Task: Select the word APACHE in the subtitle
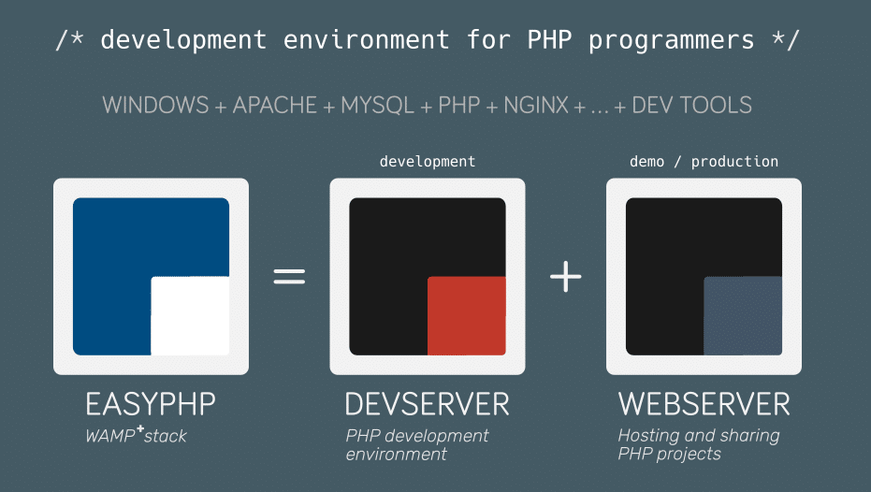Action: pos(276,105)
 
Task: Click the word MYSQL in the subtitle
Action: pos(377,105)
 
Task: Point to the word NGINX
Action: pos(536,105)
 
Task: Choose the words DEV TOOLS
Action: pos(692,105)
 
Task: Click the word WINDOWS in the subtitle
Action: pos(155,105)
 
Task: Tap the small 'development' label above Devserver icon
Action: pos(428,162)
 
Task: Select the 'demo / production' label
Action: pos(704,162)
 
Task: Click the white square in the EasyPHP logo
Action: pos(190,315)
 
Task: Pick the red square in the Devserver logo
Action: pos(466,315)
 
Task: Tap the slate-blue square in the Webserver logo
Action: pos(742,315)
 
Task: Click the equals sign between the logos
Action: pos(289,277)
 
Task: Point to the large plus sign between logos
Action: pos(565,277)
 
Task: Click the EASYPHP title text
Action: pos(151,404)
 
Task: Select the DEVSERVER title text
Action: pos(428,404)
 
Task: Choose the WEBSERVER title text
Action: pos(704,404)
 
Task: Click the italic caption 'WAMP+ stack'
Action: pos(136,435)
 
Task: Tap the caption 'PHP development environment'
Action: pos(417,444)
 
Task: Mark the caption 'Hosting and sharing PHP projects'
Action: pos(698,444)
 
